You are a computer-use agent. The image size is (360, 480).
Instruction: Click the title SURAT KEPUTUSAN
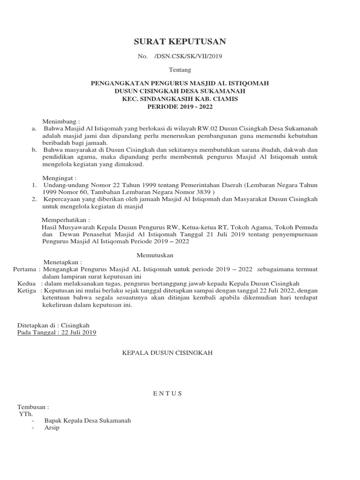[180, 42]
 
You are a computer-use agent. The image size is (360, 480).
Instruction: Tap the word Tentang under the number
[180, 70]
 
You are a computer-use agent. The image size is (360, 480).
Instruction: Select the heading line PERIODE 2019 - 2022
[180, 107]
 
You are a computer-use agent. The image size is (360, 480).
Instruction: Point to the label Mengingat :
[59, 179]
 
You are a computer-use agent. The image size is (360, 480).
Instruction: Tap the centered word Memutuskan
[155, 255]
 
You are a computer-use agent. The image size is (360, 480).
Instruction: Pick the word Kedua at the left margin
[26, 284]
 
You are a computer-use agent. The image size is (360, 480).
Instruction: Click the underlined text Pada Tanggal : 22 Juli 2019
[56, 332]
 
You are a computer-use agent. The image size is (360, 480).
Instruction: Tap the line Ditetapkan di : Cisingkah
[53, 325]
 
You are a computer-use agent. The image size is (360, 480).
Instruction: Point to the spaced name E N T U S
[167, 393]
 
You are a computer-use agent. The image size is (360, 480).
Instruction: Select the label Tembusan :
[33, 407]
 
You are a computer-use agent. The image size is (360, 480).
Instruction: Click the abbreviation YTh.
[25, 414]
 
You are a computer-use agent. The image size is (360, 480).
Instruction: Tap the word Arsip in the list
[52, 428]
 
